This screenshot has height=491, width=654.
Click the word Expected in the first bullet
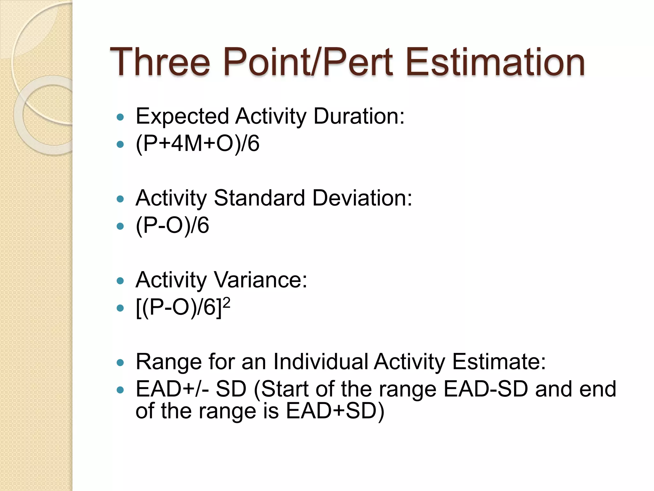click(x=182, y=116)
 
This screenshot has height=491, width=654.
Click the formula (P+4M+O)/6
click(x=197, y=144)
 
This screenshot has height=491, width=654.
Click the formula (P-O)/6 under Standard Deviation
click(x=172, y=226)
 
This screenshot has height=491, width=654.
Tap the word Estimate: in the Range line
click(x=499, y=362)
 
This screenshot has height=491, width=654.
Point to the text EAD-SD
click(x=486, y=389)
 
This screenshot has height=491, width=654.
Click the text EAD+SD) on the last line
click(x=335, y=411)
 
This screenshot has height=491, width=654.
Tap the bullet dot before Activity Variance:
click(x=120, y=281)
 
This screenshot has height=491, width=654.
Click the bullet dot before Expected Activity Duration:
click(x=120, y=117)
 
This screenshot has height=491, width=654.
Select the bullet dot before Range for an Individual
click(x=120, y=363)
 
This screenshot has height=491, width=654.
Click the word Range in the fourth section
click(x=168, y=362)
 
